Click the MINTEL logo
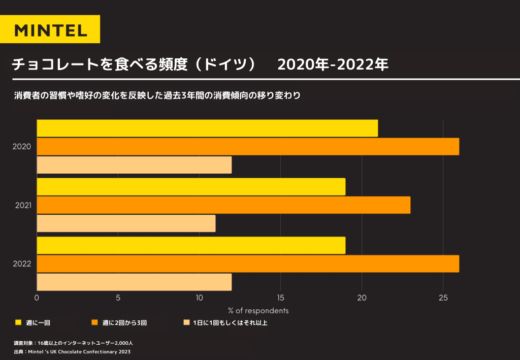point(50,29)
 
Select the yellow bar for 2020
point(207,128)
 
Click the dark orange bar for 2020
point(248,147)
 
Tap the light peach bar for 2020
point(134,165)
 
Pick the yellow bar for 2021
point(191,187)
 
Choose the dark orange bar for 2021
point(223,205)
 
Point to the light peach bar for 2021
point(126,223)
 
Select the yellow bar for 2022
point(191,245)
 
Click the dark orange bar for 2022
point(248,264)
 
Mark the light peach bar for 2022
point(134,282)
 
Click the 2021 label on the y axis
point(23,205)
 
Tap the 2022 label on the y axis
point(22,264)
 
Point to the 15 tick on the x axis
point(280,298)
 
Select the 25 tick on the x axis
point(443,298)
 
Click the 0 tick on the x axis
point(37,298)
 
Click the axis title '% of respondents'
point(258,310)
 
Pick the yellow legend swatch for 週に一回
point(18,322)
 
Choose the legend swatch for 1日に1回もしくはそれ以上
point(186,322)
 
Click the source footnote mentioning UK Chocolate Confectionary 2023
point(73,352)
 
